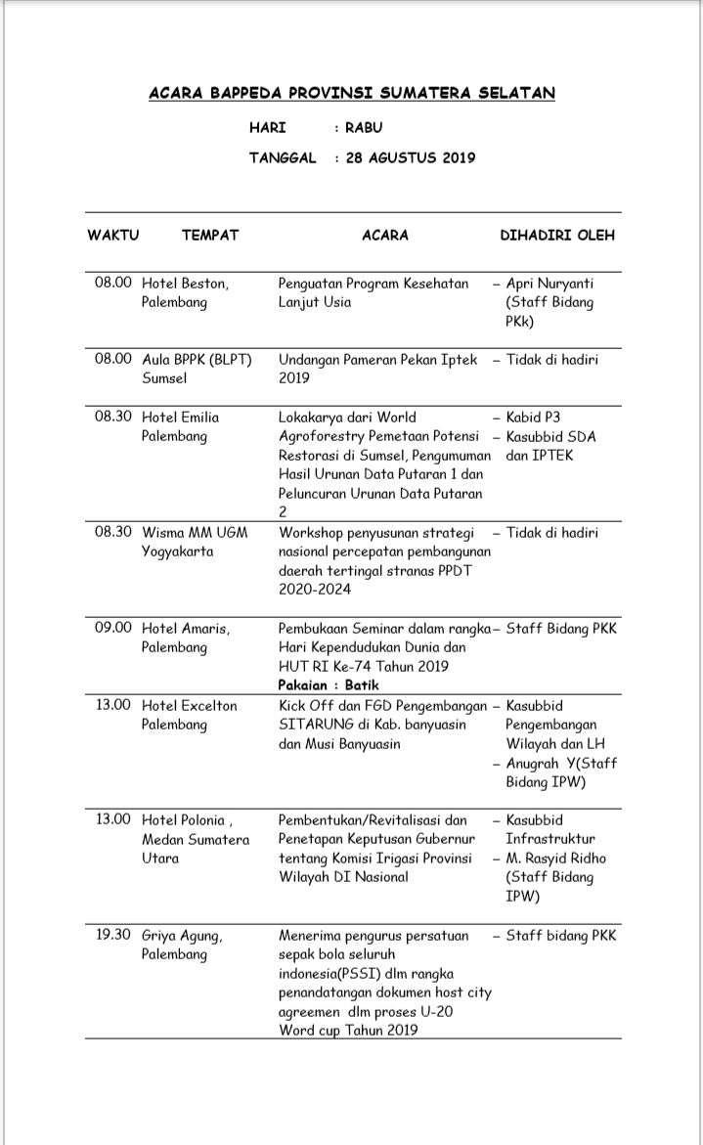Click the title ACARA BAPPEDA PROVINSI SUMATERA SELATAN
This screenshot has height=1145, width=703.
[351, 93]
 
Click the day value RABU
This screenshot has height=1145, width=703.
[364, 127]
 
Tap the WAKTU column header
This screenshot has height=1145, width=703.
[113, 236]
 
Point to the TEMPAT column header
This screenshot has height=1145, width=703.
[209, 236]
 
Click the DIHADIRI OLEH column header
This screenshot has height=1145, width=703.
[557, 236]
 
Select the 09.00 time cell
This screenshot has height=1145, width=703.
[113, 628]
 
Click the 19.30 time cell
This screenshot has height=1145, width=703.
[113, 935]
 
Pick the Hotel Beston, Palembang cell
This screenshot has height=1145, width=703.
[186, 292]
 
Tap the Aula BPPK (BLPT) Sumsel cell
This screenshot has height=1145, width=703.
[197, 369]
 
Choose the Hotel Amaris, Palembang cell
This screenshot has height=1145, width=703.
[187, 638]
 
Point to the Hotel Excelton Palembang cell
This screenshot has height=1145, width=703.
[190, 715]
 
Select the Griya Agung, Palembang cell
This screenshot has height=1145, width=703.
[182, 945]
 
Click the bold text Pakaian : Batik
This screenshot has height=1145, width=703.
[329, 685]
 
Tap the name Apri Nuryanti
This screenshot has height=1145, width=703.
[549, 284]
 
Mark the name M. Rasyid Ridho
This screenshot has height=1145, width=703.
[555, 859]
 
